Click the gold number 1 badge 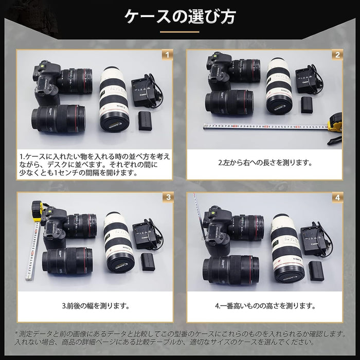(166, 54)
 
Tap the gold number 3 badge (166, 197)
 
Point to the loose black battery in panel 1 (147, 122)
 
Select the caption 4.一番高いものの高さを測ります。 (264, 305)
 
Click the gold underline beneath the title (179, 32)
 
